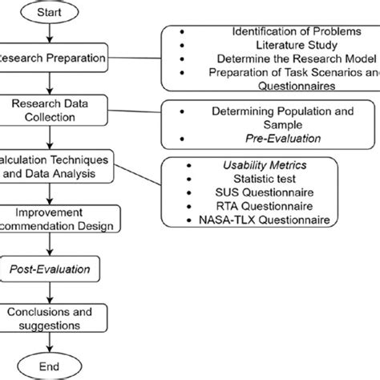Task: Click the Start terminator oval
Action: [51, 13]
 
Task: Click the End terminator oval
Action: [51, 367]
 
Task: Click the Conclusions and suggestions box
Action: [53, 318]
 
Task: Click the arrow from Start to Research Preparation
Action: [51, 34]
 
